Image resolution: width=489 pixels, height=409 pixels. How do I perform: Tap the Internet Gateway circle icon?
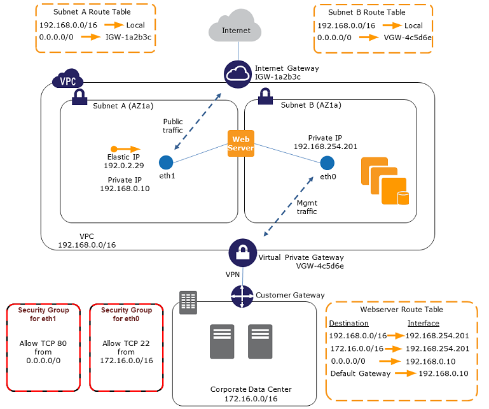[238, 75]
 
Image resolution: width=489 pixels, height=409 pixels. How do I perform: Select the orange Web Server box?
[241, 143]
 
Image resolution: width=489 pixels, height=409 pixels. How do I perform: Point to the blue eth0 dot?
[327, 162]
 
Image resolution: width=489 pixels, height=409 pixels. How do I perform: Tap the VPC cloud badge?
[67, 80]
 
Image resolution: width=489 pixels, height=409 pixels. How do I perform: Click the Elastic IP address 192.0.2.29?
[124, 165]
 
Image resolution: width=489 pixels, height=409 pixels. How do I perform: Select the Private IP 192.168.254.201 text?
[324, 146]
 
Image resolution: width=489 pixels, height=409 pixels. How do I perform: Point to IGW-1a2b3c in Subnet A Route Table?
[133, 38]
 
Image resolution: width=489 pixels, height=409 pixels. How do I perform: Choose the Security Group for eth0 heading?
[127, 314]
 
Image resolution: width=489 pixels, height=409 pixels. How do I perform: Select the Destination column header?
[349, 323]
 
